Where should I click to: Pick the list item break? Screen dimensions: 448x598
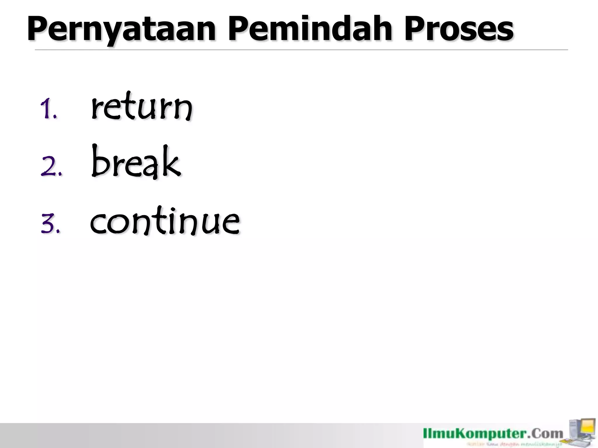point(136,162)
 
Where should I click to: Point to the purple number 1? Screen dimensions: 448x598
point(47,109)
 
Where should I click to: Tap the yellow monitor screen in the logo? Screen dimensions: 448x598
point(587,427)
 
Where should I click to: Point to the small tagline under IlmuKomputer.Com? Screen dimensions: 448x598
point(514,444)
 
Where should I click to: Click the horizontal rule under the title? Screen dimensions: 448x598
point(301,50)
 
